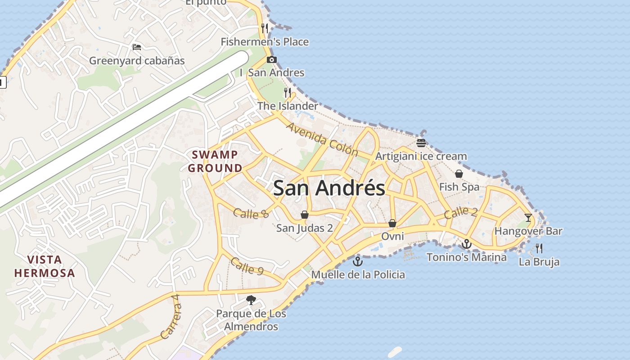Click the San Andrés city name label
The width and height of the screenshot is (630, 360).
329,188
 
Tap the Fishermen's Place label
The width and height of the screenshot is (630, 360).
265,42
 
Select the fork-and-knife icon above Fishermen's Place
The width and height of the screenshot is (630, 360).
265,28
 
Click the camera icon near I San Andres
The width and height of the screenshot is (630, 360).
271,59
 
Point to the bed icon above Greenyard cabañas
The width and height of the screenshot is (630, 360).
137,47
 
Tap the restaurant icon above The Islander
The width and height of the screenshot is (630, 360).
288,93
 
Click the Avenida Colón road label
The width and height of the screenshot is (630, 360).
322,139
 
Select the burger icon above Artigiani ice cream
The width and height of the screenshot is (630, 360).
421,143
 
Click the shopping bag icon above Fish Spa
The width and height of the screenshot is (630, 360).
459,174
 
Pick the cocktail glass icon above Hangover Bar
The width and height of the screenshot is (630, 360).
528,218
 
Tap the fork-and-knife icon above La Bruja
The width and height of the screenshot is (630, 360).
539,248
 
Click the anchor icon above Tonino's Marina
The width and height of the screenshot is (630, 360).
467,244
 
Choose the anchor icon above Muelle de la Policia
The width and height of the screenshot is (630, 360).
358,261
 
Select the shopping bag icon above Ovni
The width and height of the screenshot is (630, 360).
392,223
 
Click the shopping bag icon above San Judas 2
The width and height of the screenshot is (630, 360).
305,215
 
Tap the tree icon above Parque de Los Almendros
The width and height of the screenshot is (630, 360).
251,300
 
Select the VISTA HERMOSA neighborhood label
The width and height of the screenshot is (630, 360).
45,266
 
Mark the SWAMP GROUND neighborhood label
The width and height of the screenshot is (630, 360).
215,162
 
